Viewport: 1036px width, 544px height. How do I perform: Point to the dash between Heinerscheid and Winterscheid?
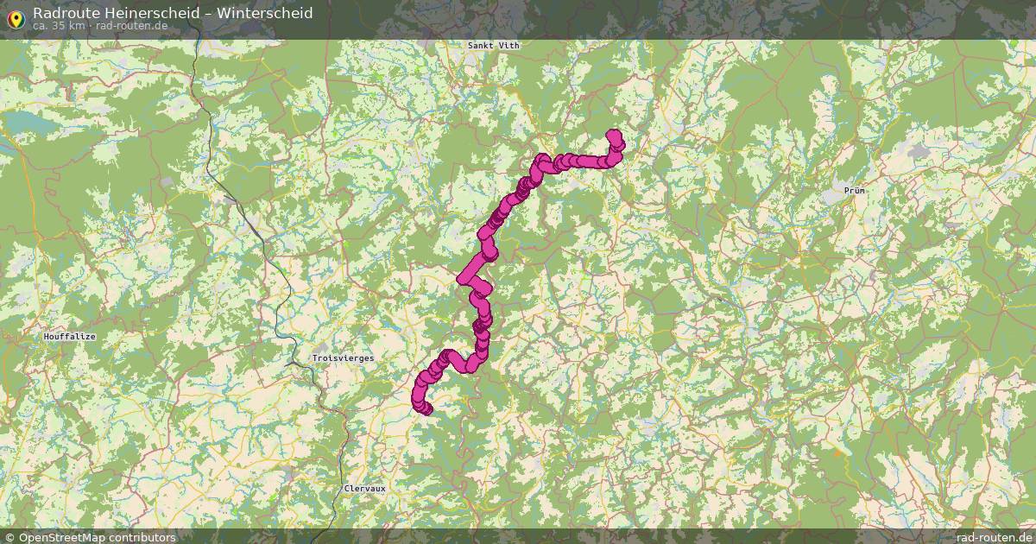(208, 13)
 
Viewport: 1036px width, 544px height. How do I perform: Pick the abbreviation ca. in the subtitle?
(41, 25)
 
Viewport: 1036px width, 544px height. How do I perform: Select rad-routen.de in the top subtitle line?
(120, 25)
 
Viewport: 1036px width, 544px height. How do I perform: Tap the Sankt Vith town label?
(494, 45)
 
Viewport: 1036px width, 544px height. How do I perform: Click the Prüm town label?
(856, 189)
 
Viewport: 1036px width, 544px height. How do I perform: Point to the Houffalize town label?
(69, 336)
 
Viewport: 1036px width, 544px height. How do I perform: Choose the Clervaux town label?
(364, 489)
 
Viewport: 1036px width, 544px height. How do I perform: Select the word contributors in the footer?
(143, 537)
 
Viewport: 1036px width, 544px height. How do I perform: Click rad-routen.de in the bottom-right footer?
(992, 537)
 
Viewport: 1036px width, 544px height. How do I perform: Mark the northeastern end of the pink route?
(614, 136)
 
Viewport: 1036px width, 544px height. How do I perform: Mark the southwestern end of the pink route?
(425, 408)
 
